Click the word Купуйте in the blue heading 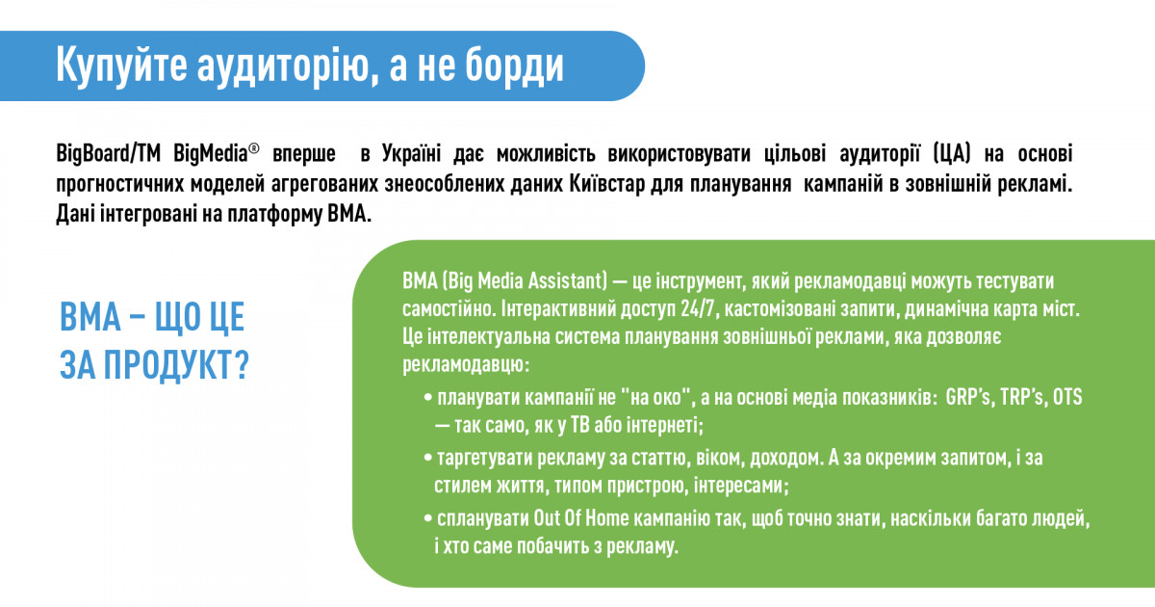(x=121, y=66)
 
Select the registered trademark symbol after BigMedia (x=254, y=148)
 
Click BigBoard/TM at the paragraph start (x=108, y=154)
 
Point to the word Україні (x=412, y=153)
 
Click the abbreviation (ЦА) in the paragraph (x=952, y=154)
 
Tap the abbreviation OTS (x=1067, y=397)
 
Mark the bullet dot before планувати (x=427, y=399)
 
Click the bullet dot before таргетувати (x=427, y=459)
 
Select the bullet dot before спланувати (x=427, y=518)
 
